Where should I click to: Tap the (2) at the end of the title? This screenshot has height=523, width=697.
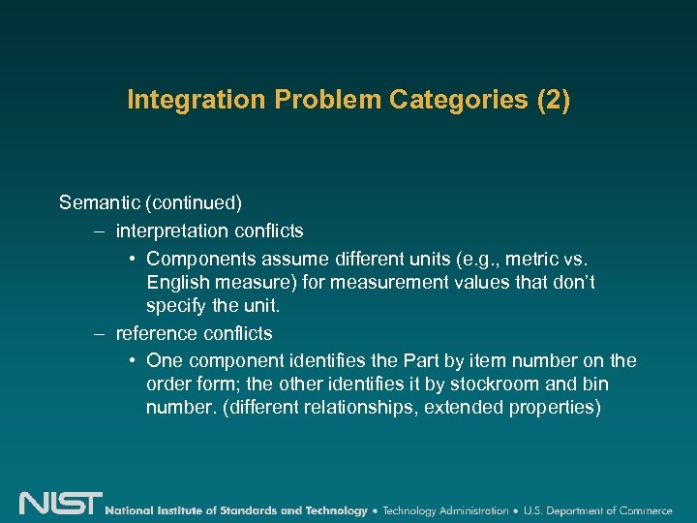[x=553, y=101]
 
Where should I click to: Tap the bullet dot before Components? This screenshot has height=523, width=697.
[x=132, y=259]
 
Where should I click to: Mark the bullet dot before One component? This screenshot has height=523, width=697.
[x=132, y=361]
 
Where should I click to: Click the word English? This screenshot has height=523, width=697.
[x=179, y=283]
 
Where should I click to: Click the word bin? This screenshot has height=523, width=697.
[x=592, y=385]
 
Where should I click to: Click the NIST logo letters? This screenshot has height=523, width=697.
[x=60, y=504]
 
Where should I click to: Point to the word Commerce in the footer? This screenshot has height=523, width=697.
[x=641, y=510]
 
